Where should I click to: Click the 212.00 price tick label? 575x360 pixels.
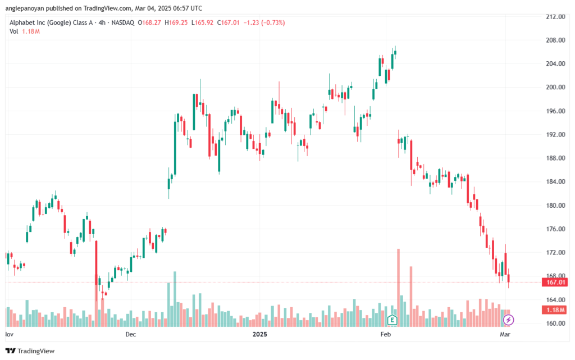[555, 16]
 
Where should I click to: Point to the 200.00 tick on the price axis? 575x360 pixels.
[555, 87]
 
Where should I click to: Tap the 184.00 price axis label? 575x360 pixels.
[555, 182]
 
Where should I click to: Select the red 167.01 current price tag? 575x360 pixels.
[555, 282]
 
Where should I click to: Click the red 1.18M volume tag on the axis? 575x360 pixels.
[555, 310]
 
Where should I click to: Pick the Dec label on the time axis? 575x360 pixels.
[130, 334]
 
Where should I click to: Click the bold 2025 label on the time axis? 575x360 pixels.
[259, 334]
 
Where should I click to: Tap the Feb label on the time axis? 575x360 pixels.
[385, 334]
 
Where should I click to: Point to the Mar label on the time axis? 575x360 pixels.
[505, 334]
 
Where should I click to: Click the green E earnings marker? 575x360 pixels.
[392, 320]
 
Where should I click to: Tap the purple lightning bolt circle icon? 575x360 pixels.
[508, 320]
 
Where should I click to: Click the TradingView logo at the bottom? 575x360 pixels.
[30, 351]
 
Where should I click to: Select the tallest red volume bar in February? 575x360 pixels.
[398, 288]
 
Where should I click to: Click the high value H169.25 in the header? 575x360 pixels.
[176, 22]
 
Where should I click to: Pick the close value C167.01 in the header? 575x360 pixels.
[228, 22]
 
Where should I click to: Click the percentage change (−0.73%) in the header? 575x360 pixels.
[273, 22]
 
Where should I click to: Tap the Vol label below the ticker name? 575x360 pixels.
[14, 31]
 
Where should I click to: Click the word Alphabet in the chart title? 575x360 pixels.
[22, 22]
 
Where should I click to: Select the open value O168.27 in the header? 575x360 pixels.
[149, 22]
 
